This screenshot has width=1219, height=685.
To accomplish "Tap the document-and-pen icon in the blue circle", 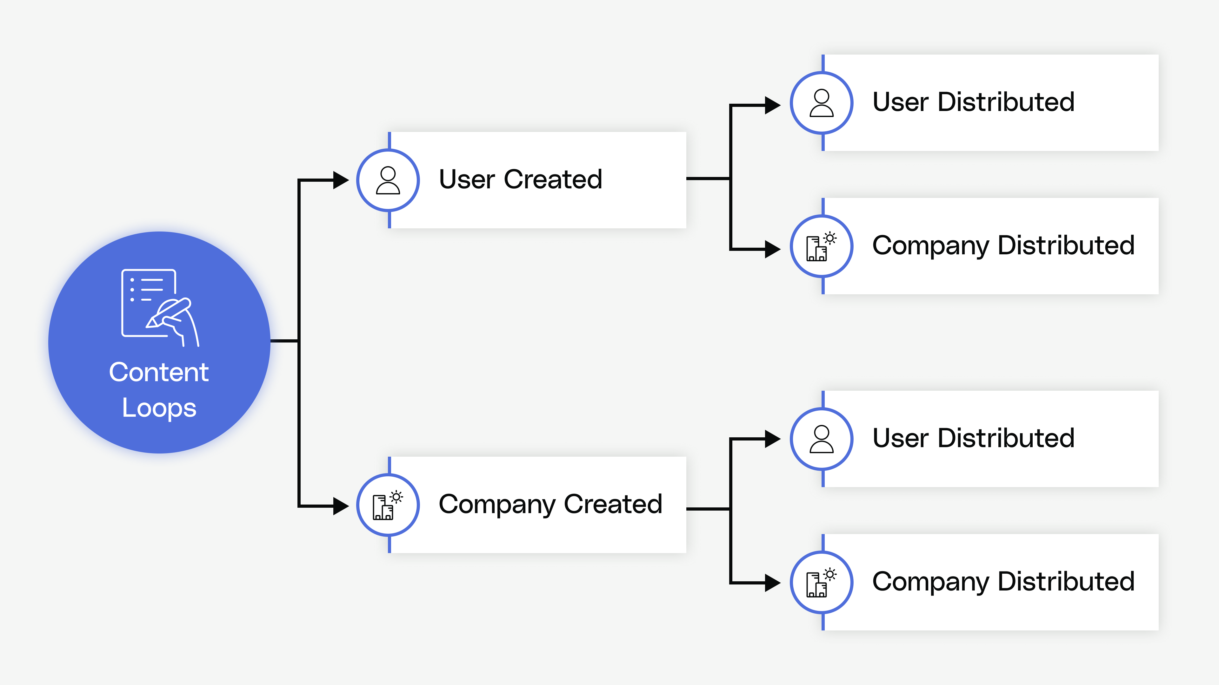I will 159,307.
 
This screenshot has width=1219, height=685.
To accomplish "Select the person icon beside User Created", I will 388,180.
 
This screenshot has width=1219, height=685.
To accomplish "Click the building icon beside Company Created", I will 387,506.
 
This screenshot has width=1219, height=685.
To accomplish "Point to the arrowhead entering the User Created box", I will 341,180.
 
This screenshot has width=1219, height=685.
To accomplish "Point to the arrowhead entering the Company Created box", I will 341,506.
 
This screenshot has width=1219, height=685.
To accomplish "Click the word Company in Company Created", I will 497,505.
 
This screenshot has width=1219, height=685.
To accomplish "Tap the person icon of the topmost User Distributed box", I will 822,103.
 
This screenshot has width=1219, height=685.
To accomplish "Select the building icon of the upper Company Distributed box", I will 821,246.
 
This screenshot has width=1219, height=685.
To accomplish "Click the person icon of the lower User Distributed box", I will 822,439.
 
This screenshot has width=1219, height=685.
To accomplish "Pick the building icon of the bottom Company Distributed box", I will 821,583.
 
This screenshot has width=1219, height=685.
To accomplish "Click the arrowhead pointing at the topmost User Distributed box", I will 772,105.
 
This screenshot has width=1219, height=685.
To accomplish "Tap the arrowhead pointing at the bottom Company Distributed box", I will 772,583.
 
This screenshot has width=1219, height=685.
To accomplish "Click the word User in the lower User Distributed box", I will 901,438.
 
